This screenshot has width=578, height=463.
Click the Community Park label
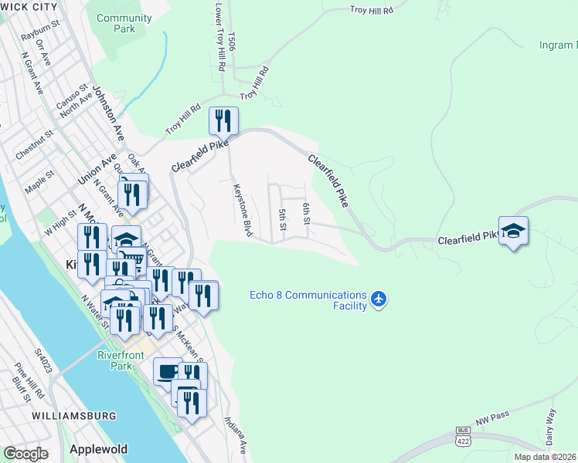[x=124, y=23]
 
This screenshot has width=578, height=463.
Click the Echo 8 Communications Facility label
[x=308, y=300]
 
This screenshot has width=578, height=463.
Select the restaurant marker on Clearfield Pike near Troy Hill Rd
[x=224, y=120]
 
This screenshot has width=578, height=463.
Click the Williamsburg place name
[x=74, y=416]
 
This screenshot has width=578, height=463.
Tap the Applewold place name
[x=97, y=448]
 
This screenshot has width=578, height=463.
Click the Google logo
[x=25, y=453]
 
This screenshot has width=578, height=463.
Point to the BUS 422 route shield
[x=463, y=437]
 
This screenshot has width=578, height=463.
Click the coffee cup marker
[x=167, y=372]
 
